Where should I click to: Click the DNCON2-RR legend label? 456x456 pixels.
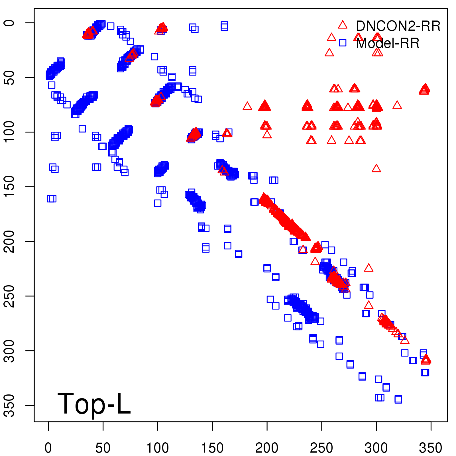(398, 26)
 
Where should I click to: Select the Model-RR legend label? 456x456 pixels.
(388, 43)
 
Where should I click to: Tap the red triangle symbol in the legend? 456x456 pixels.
(343, 25)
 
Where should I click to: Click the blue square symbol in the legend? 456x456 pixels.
(343, 43)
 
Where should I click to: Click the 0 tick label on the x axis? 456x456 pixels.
(48, 448)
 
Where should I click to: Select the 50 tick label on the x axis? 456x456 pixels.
(103, 448)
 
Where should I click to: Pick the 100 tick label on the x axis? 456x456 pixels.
(158, 448)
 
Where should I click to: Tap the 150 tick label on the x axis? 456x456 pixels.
(212, 448)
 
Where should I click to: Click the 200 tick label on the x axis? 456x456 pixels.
(267, 448)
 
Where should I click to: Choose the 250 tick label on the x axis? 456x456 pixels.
(321, 448)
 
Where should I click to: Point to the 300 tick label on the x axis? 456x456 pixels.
(376, 448)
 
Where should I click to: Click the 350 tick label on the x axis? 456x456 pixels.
(431, 448)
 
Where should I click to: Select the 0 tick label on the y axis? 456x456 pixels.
(10, 23)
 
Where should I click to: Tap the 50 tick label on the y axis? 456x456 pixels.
(10, 77)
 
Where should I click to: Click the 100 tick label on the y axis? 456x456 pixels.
(10, 132)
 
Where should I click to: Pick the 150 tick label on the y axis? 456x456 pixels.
(10, 187)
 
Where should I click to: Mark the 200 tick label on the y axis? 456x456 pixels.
(10, 241)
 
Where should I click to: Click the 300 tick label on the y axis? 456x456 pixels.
(10, 351)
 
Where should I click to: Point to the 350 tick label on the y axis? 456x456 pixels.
(10, 405)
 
